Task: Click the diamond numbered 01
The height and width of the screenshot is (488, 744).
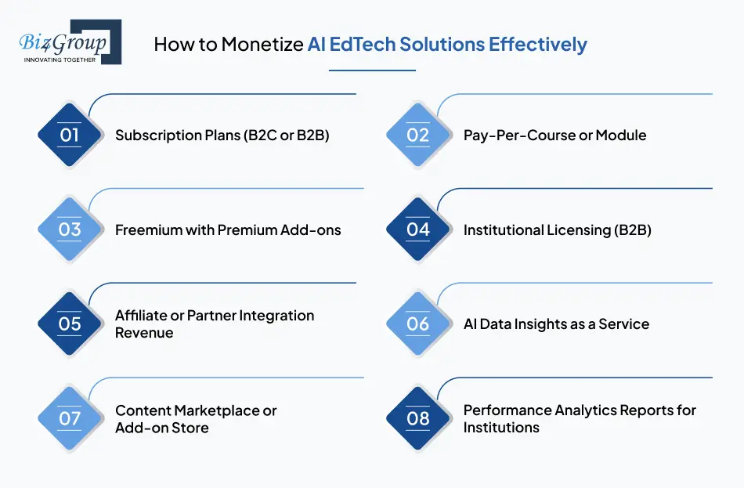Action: pos(70,135)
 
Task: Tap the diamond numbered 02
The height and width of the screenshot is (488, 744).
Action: pos(418,135)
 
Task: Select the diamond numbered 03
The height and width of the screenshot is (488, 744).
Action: pos(70,230)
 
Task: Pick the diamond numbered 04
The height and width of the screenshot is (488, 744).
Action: pos(418,230)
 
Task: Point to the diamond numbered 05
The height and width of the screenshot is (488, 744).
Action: pos(70,324)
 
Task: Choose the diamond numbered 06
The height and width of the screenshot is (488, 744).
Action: pos(418,324)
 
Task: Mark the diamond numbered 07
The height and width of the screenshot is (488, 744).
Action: pos(70,418)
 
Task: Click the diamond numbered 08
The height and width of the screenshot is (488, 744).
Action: pos(418,418)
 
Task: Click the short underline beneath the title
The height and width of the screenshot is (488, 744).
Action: pos(371,70)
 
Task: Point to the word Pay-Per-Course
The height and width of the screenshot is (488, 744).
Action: pos(517,136)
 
